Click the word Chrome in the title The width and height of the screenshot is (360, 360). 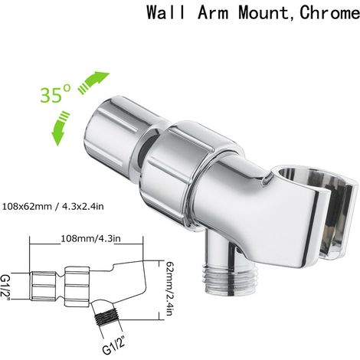click(330, 12)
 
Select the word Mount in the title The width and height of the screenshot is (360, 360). click(264, 12)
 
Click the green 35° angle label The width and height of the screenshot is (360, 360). click(55, 94)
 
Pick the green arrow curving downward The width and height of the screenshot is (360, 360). click(61, 128)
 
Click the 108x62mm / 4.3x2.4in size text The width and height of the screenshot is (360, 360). click(53, 206)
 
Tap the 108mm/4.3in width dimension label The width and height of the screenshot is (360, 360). click(90, 239)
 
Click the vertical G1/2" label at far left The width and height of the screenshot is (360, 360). click(5, 288)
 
